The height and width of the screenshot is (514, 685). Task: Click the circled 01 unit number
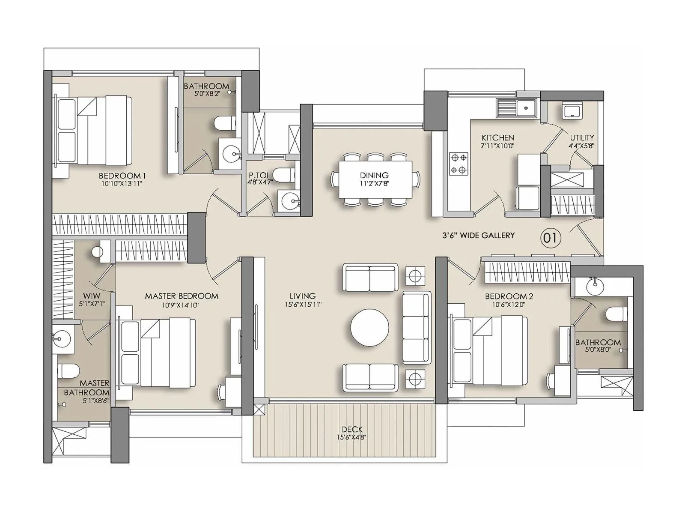click(550, 237)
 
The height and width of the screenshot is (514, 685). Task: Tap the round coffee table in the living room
click(370, 328)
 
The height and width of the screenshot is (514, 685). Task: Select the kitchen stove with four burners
click(458, 164)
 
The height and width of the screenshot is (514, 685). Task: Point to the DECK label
click(352, 429)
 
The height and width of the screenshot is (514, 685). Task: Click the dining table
click(375, 179)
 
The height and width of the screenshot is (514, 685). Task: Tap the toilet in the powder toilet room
click(283, 175)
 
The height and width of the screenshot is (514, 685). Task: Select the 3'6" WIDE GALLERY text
click(478, 235)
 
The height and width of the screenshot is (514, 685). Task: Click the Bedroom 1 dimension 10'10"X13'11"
click(122, 183)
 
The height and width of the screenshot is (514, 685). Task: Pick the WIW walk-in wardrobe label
click(92, 296)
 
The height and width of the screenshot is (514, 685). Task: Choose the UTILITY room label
click(582, 137)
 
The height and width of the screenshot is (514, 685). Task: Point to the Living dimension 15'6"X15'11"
click(303, 305)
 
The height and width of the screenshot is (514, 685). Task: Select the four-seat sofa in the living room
click(416, 328)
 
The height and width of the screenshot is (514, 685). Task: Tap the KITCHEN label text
click(497, 137)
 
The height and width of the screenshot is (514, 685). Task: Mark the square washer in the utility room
click(572, 111)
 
